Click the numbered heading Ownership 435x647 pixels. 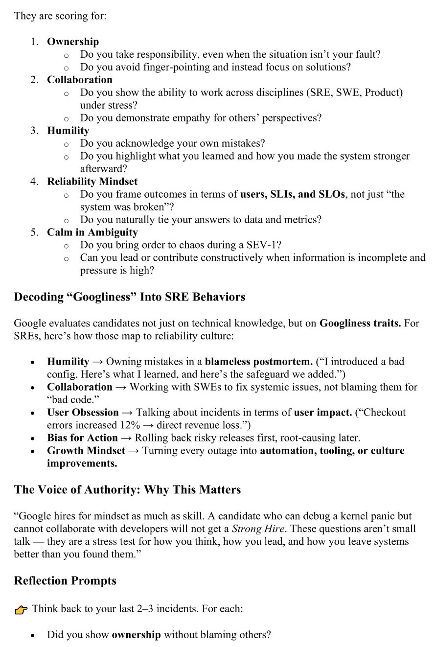pos(73,42)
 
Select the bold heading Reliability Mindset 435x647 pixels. pos(92,182)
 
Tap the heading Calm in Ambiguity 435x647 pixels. pos(92,232)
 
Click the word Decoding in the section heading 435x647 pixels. pos(39,297)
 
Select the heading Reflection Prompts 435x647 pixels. pos(65,581)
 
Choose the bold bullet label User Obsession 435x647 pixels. pos(83,413)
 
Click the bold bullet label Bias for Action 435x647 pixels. pos(82,438)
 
